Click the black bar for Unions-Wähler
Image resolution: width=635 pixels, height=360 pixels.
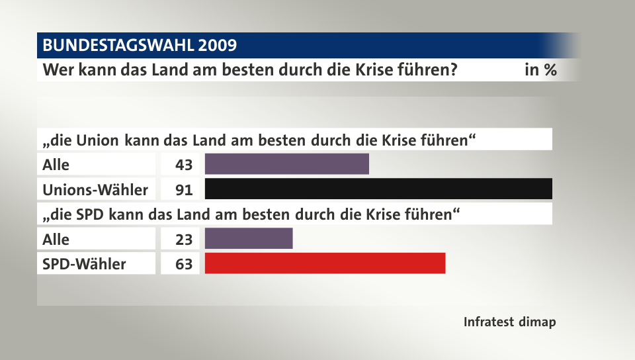(378, 189)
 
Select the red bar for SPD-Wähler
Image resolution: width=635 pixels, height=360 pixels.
(325, 263)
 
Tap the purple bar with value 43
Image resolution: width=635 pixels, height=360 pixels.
(286, 163)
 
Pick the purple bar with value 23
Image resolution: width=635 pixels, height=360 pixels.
(249, 238)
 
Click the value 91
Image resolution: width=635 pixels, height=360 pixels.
(184, 190)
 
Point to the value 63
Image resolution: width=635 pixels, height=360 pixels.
(184, 264)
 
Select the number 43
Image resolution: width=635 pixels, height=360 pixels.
(184, 165)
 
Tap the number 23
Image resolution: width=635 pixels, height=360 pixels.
(184, 239)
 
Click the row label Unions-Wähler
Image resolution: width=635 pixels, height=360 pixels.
(95, 190)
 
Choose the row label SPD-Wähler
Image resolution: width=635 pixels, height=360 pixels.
(84, 264)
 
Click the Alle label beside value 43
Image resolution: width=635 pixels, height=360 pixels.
(56, 165)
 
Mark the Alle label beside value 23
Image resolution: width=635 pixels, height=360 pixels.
(56, 239)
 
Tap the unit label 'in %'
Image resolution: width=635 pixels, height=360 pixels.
(540, 69)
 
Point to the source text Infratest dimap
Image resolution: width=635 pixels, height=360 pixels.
(509, 322)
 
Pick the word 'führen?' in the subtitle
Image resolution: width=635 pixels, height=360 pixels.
(430, 69)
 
